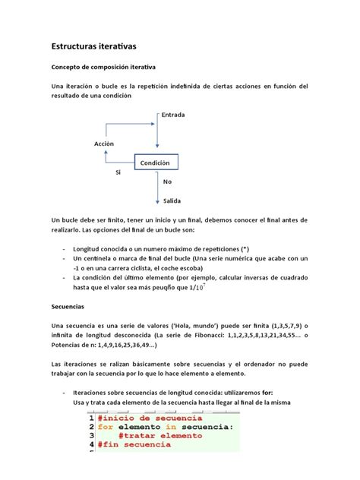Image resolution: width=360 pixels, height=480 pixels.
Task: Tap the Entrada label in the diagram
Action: coord(173,115)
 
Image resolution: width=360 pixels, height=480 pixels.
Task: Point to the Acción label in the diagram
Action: coord(103,143)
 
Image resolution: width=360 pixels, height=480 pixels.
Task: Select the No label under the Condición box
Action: coord(167,182)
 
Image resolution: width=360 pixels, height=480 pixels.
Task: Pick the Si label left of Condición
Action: coord(118,173)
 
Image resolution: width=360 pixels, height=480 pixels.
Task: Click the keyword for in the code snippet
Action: coord(106,427)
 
